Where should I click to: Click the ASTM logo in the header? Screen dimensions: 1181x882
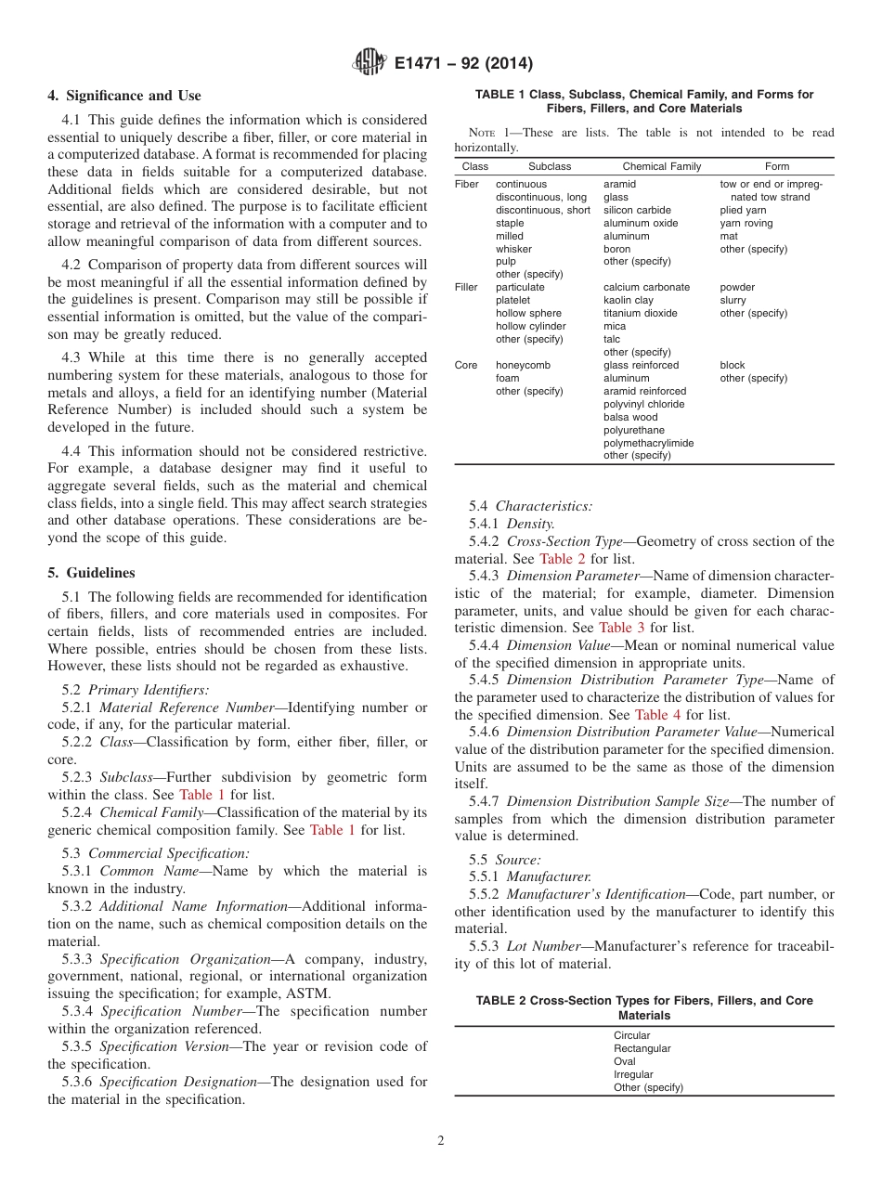tap(371, 63)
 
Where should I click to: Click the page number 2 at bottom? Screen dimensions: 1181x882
tap(441, 1141)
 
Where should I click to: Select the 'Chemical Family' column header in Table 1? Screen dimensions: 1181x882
tap(661, 166)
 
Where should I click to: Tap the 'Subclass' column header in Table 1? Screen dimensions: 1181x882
tap(550, 166)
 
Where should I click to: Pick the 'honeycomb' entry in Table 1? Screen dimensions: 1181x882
tap(523, 365)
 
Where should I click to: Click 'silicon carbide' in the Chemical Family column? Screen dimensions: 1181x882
tap(637, 210)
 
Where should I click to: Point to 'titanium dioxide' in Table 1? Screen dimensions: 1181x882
tap(640, 313)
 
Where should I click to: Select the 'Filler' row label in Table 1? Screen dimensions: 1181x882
tap(466, 287)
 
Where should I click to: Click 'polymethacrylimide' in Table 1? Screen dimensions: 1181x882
tap(648, 443)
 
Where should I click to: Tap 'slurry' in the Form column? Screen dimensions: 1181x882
tap(733, 300)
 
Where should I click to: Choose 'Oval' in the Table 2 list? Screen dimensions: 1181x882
tap(625, 1061)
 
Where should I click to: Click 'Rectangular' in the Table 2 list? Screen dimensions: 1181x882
tap(642, 1048)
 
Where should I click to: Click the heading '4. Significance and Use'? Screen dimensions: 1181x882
tap(124, 96)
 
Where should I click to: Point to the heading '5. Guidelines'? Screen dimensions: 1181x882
tap(91, 573)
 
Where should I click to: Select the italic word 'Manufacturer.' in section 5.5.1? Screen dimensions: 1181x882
tap(549, 876)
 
